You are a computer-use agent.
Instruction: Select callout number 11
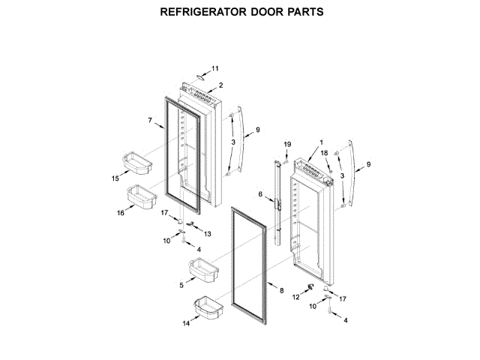coord(215,67)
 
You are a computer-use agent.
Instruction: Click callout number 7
coord(150,120)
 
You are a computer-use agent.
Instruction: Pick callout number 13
coord(208,234)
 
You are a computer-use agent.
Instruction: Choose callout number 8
coord(281,290)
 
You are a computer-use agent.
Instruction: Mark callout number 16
coord(121,213)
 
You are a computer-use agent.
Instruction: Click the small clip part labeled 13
coord(191,224)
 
